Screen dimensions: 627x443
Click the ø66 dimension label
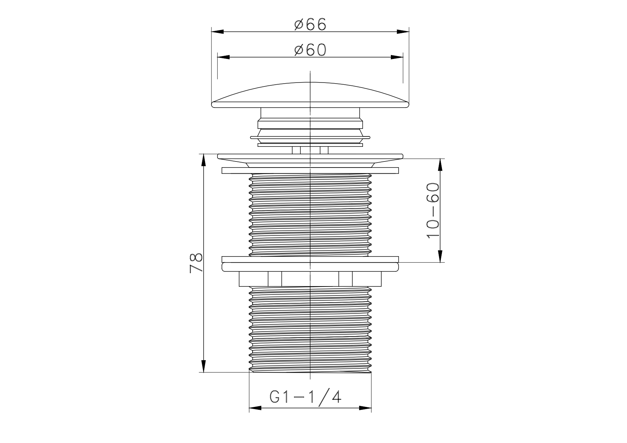pos(310,24)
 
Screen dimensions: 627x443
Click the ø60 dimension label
pos(310,50)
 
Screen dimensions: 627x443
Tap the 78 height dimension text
pos(196,263)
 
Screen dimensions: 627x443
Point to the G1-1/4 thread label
pos(305,397)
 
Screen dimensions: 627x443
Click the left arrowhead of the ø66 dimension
pos(218,32)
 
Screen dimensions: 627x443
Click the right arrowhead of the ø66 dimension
pos(403,32)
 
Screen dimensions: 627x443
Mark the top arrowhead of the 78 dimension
pos(203,160)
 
